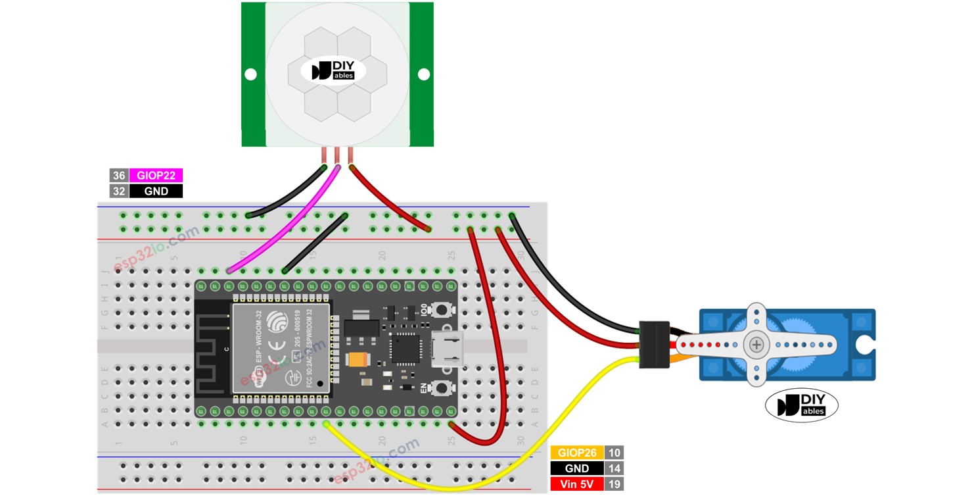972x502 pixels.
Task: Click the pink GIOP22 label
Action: coord(156,176)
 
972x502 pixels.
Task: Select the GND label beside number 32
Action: coord(156,191)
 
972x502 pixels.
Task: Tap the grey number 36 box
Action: coord(118,176)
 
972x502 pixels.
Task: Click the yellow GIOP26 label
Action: coord(577,453)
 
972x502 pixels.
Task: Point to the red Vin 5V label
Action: coord(577,484)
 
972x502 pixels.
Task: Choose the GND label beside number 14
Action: coord(577,468)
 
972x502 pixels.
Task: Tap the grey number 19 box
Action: coord(614,484)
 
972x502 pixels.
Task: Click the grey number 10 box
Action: coord(614,453)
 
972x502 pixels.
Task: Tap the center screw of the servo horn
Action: coord(757,344)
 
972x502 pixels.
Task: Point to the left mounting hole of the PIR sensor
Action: coord(250,74)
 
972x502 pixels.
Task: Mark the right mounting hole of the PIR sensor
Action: coord(424,74)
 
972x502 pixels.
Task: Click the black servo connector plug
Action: coord(655,344)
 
